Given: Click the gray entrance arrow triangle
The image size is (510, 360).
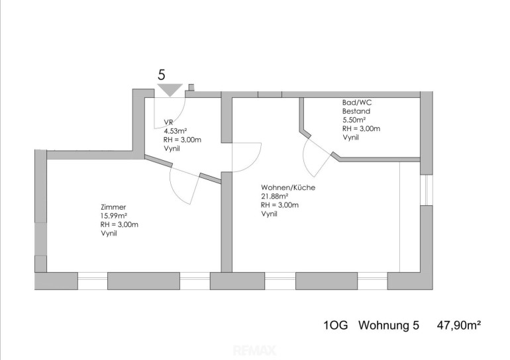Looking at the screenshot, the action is click(x=170, y=89).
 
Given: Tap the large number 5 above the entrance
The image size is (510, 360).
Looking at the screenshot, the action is click(x=162, y=75).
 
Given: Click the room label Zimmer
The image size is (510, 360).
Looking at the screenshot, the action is click(x=113, y=207).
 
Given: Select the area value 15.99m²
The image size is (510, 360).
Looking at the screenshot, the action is click(x=114, y=216).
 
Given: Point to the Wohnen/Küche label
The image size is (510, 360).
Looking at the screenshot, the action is click(x=288, y=187).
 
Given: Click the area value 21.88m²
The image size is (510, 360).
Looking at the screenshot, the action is click(x=274, y=197).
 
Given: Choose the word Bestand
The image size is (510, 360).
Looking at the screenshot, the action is click(x=356, y=111).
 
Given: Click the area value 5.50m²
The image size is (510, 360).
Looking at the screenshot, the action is click(x=354, y=120).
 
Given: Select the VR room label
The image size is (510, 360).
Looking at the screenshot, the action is click(x=168, y=122).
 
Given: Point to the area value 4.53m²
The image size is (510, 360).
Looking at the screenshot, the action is click(x=176, y=131).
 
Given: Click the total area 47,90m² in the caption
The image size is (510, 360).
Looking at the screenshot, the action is click(x=458, y=325).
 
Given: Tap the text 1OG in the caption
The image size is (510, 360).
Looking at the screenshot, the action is click(x=336, y=325).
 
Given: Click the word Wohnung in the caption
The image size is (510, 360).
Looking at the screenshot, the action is click(x=385, y=325).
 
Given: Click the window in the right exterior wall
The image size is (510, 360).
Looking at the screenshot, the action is click(x=427, y=190).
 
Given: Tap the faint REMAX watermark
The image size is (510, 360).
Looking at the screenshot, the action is click(x=255, y=351).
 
